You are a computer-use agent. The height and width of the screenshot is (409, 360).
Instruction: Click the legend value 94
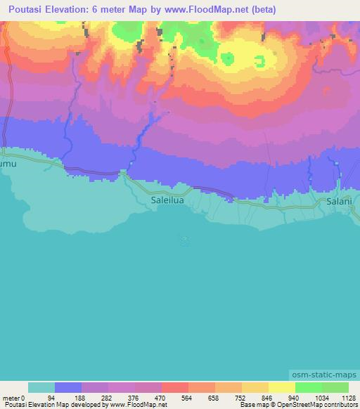68,396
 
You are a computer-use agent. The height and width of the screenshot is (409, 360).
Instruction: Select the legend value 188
95,396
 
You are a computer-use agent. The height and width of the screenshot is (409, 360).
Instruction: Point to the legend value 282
122,396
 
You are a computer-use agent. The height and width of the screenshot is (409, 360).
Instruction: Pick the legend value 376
148,396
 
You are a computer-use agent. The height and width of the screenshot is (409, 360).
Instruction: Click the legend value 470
175,396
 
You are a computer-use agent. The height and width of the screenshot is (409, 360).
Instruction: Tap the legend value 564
202,396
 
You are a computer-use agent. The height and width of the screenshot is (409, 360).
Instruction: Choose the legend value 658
229,396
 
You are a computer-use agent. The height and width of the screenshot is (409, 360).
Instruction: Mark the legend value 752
255,396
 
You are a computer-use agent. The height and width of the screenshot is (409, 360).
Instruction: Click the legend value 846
282,396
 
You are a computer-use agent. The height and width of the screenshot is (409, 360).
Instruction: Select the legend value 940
309,396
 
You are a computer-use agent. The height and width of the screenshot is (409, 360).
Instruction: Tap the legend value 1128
349,396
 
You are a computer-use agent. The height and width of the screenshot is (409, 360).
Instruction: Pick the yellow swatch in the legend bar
282,387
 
